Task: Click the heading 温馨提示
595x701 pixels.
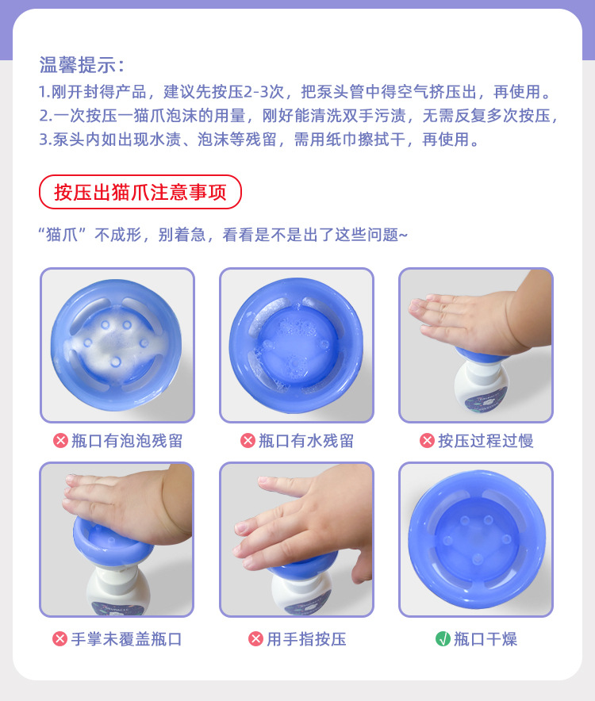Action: pos(83,65)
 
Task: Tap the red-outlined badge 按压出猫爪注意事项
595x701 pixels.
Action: pos(140,192)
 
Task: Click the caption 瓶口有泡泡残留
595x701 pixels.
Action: pos(127,441)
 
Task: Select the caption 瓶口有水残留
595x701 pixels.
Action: pos(306,441)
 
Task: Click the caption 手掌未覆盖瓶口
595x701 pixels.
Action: pos(127,638)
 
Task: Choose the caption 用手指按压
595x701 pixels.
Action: pos(306,638)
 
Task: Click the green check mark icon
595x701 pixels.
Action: pos(443,638)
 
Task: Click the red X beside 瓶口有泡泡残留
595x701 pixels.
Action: pos(60,441)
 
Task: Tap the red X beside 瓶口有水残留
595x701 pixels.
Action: pos(248,441)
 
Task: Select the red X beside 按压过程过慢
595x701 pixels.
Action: pos(427,441)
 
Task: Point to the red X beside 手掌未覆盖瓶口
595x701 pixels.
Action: pos(60,638)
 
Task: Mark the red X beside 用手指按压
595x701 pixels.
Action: pos(255,638)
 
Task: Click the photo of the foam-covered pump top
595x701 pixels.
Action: pos(117,345)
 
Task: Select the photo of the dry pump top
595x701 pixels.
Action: pos(475,539)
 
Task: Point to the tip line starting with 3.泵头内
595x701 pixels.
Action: pos(259,140)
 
